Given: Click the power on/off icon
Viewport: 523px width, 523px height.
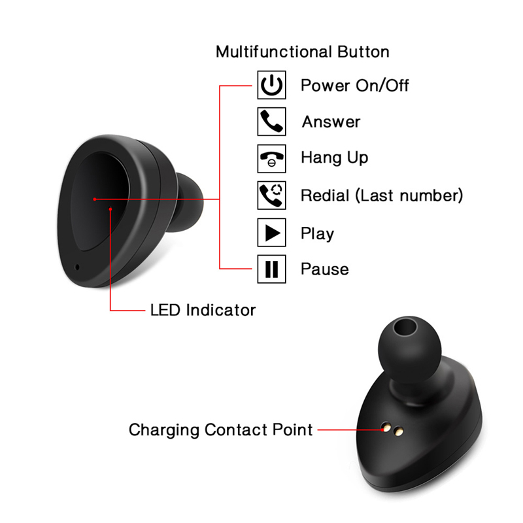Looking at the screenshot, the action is [271, 85].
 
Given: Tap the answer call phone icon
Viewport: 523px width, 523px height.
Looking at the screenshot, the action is [271, 122].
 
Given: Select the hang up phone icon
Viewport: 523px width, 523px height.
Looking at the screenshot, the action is [271, 159].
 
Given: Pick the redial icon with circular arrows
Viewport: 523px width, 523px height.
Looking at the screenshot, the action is [271, 195].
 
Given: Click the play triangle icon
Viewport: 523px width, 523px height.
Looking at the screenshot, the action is [271, 233].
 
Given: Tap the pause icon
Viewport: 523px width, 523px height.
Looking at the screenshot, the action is [271, 269].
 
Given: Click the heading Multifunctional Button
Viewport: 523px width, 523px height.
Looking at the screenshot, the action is [303, 52].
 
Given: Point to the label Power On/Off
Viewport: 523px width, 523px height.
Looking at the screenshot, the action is [354, 86].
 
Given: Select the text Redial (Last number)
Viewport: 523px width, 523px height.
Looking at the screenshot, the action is [382, 195].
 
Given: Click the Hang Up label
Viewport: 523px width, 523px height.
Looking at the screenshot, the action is [335, 158].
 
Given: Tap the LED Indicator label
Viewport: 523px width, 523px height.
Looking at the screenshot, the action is [203, 310].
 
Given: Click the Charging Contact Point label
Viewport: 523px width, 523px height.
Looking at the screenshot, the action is [221, 430].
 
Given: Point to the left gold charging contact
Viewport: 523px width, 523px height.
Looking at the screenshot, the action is [386, 428].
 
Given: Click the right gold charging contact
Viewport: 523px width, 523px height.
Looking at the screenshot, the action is [399, 431].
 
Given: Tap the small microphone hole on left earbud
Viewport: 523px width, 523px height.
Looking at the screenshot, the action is [77, 267].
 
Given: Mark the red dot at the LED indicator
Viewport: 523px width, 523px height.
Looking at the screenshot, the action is [110, 209].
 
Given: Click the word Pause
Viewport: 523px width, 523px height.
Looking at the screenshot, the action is [325, 269].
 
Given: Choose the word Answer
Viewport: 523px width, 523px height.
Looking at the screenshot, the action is [331, 122].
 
